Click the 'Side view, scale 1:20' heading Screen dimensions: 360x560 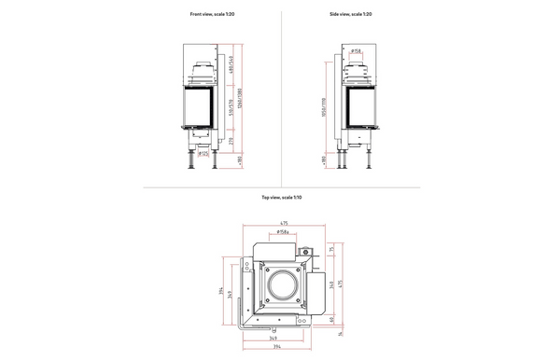350,15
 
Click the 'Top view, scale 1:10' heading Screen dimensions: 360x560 281,198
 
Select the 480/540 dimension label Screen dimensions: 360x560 231,68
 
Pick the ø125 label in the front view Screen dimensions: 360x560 203,154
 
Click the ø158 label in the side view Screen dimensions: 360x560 357,52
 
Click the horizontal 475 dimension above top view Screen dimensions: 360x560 283,222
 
